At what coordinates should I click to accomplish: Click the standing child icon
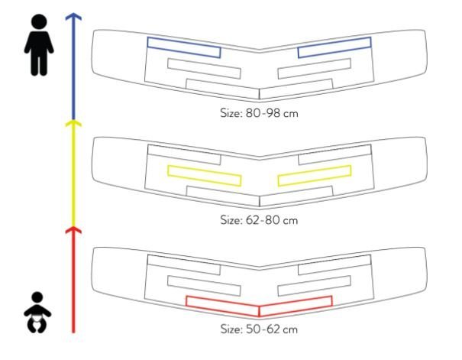pos(39,45)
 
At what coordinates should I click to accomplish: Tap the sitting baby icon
pos(37,313)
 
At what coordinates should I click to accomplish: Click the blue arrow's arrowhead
pos(73,17)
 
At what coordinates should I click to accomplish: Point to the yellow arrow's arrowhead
pos(73,123)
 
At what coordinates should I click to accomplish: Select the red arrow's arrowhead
pos(73,230)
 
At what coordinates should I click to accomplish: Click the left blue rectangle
pos(184,47)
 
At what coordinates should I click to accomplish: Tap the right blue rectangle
pos(334,47)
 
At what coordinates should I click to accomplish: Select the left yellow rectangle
pos(205,176)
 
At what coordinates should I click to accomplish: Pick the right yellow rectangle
pos(315,176)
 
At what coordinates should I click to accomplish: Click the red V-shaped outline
pos(259,306)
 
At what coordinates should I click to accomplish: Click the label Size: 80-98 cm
pos(259,113)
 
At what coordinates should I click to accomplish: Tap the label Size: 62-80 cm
pos(259,220)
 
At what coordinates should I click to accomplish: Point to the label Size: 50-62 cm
pos(259,329)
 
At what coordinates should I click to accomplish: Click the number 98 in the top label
pos(273,113)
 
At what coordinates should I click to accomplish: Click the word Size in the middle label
pos(231,220)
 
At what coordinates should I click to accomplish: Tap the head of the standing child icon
pos(39,21)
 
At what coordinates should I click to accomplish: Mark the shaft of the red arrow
pos(73,281)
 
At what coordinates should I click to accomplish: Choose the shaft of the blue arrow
pos(73,68)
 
